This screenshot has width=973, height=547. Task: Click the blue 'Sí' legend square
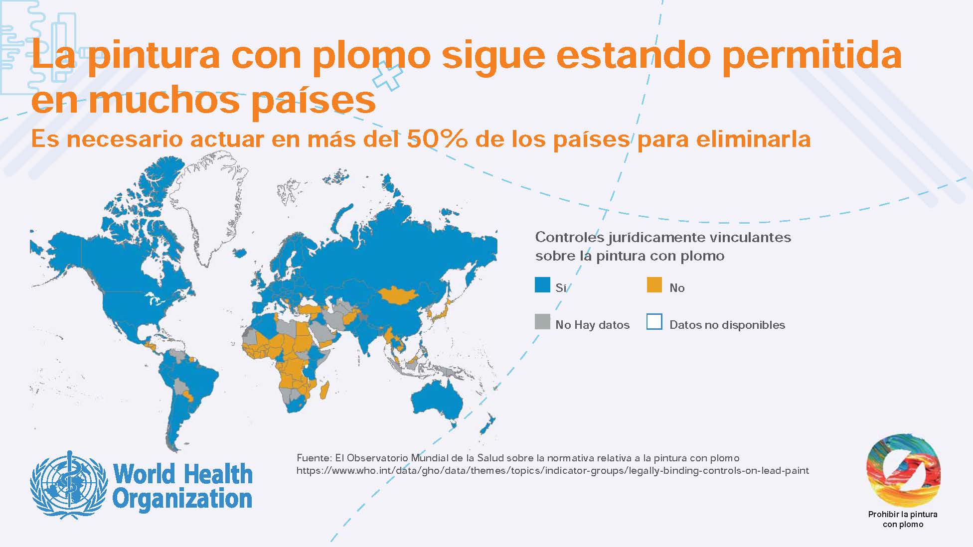(x=542, y=285)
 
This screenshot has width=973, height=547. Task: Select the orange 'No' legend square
(x=654, y=285)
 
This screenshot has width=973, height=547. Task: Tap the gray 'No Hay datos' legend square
(x=542, y=322)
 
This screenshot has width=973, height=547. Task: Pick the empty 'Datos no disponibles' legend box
(x=654, y=322)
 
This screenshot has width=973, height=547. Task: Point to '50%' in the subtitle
(x=437, y=139)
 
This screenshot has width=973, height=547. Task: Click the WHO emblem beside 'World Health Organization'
(x=68, y=484)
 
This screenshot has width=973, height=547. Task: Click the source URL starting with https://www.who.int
(x=552, y=471)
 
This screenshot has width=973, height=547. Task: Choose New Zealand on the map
(x=487, y=424)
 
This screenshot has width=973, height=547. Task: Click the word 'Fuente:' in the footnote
(x=314, y=457)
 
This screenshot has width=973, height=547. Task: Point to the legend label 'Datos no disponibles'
(x=727, y=325)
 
